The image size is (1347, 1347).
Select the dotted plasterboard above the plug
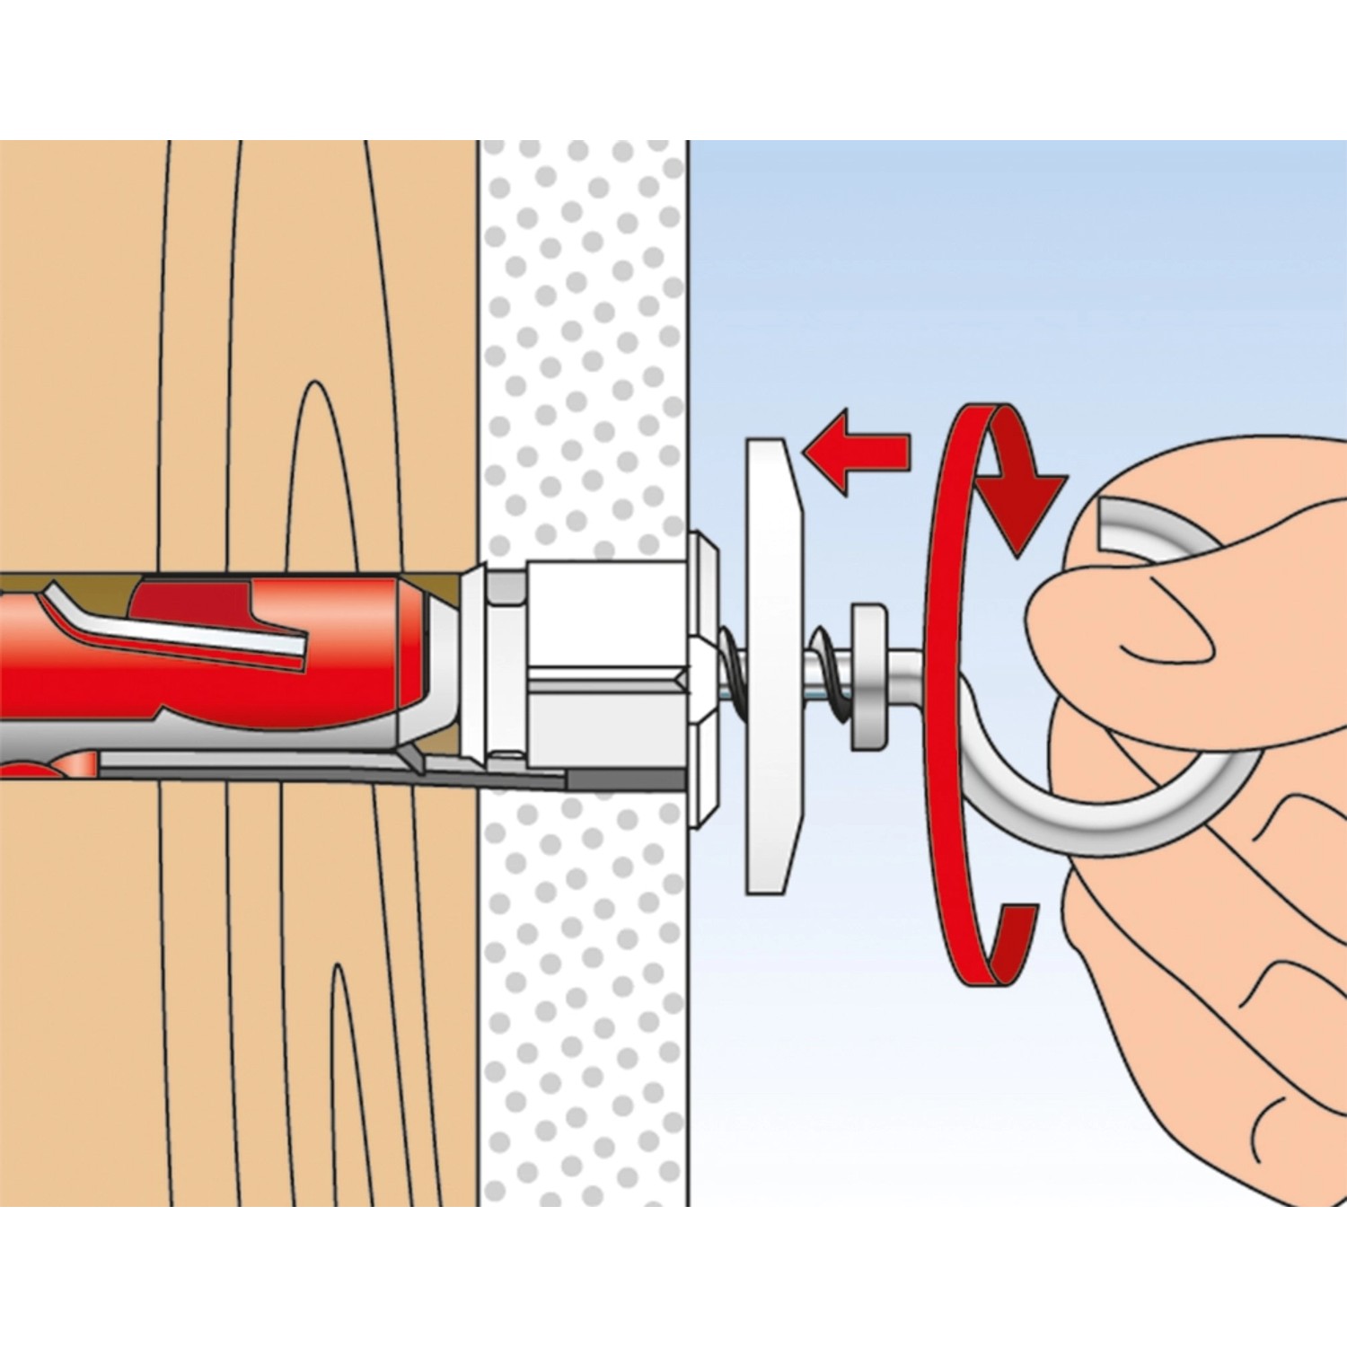tap(584, 359)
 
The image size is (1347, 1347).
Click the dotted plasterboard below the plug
tap(584, 988)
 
